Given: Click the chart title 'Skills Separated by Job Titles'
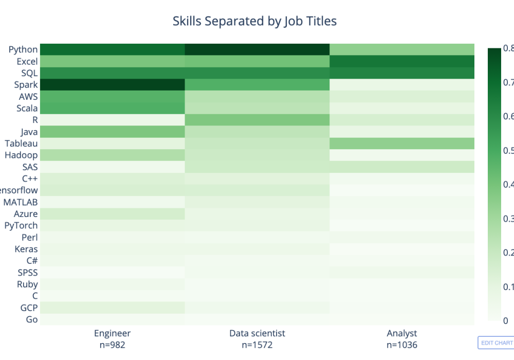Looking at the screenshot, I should pos(254,21).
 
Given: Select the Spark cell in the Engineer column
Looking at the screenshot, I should pos(113,84).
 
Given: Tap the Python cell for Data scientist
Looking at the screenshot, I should pos(257,49).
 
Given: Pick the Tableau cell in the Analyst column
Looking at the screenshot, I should pos(401,143).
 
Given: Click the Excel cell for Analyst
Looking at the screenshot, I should pos(401,61).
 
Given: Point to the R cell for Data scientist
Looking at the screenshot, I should pos(257,120).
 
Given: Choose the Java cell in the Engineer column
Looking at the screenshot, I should pos(113,132).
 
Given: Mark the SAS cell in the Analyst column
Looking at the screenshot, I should pos(401,167).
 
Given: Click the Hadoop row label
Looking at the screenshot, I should pos(21,155).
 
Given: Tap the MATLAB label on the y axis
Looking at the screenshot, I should pos(21,202).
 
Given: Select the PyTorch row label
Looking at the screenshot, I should pos(21,225).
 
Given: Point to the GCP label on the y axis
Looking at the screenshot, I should pos(28,308).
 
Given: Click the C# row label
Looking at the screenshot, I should pos(31,261).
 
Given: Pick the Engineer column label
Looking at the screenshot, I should pos(112,333).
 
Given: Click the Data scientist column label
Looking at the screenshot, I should pos(257,333).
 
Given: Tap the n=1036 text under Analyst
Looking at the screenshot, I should pos(402,345).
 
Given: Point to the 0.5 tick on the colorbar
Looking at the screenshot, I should pos(508,150).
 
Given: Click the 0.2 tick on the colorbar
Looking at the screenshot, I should pos(508,253).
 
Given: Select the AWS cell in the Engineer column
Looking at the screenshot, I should pos(113,96).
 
